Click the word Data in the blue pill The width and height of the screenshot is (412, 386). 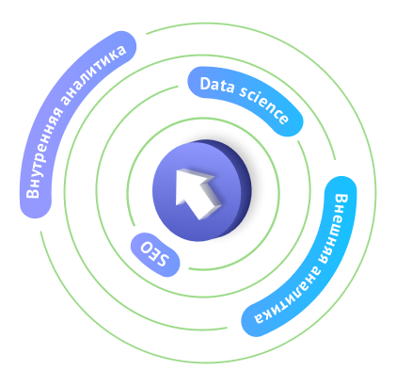click(217, 85)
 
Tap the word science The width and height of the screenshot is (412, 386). click(264, 105)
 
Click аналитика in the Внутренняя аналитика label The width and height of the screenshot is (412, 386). click(94, 74)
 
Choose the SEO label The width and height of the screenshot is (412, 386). click(154, 254)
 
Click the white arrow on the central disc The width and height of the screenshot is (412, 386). click(198, 193)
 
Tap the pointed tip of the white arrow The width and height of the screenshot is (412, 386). click(178, 171)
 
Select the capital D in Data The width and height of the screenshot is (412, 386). click(204, 84)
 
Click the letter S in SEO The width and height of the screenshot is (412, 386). click(164, 260)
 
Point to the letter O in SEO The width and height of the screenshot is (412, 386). click(146, 248)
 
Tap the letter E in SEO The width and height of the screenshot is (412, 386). click(155, 254)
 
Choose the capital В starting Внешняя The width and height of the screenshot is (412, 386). click(341, 200)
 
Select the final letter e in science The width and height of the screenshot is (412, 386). click(283, 119)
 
